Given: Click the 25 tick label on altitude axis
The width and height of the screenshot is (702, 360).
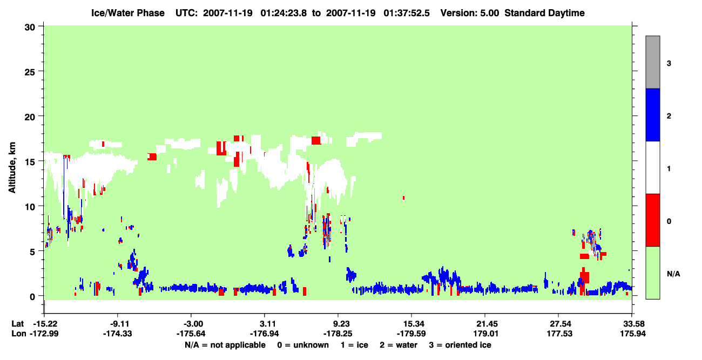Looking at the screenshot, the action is [x=30, y=72].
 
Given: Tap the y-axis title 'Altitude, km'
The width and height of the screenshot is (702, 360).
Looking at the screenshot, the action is [x=12, y=167].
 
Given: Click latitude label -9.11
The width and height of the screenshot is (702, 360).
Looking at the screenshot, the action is [x=119, y=324].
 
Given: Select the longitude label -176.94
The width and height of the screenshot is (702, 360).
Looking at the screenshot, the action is [x=264, y=334].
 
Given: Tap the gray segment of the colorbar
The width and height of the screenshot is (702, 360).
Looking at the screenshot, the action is [x=653, y=62].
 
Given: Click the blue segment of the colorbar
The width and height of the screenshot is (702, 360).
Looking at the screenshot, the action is [x=653, y=114].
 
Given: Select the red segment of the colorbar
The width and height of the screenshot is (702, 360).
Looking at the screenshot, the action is [x=653, y=220].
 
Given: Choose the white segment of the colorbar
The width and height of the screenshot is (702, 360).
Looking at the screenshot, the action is [x=653, y=168].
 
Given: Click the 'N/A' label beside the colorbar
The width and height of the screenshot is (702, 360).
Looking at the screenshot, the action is [x=673, y=274].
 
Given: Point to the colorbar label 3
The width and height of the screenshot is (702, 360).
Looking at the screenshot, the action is [x=669, y=63].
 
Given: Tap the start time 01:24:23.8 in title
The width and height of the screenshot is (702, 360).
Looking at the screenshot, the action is [x=283, y=13].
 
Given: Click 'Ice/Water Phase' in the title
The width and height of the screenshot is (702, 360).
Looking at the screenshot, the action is [x=128, y=13].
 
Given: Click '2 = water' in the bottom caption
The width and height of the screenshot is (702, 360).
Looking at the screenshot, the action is [x=399, y=345].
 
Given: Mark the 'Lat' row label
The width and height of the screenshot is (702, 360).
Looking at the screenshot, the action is [x=18, y=324].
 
